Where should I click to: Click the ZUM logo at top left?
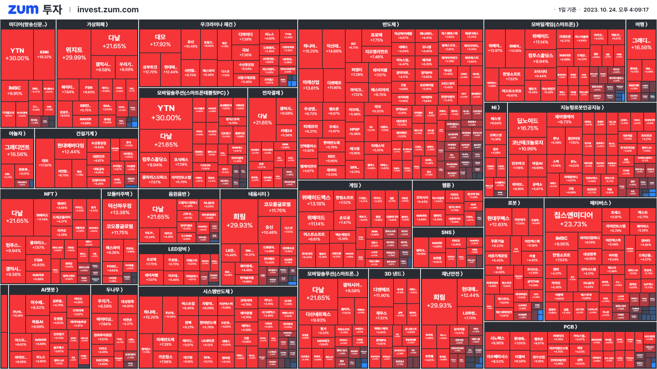[x=23, y=10]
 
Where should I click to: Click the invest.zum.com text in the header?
[x=108, y=10]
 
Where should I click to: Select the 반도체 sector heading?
[x=390, y=24]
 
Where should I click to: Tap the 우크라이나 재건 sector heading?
[x=218, y=24]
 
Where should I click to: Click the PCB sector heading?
[x=570, y=327]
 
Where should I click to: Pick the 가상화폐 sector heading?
[x=97, y=24]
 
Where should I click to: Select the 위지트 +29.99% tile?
[x=74, y=54]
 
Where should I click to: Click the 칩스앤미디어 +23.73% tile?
[x=573, y=219]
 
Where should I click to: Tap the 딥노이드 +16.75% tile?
[x=527, y=124]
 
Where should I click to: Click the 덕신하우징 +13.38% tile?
[x=119, y=209]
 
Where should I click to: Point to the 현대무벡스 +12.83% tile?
[x=498, y=221]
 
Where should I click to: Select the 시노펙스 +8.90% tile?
[x=497, y=340]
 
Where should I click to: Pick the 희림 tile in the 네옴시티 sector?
[x=239, y=220]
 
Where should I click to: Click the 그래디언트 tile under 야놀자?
[x=17, y=150]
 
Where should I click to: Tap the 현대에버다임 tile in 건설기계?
[x=70, y=148]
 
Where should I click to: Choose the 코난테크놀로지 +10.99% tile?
[x=527, y=145]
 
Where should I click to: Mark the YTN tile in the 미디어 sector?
[x=17, y=54]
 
